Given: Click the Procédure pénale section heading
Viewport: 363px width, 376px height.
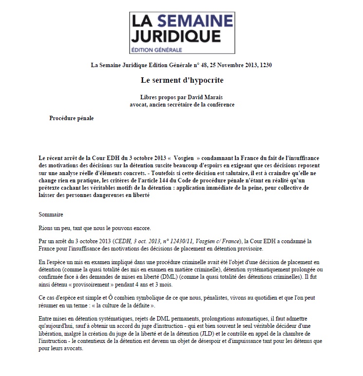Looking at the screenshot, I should pos(72,118).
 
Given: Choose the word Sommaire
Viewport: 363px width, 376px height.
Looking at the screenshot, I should pos(51,214).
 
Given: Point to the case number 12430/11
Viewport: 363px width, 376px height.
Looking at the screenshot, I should pos(187,241).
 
